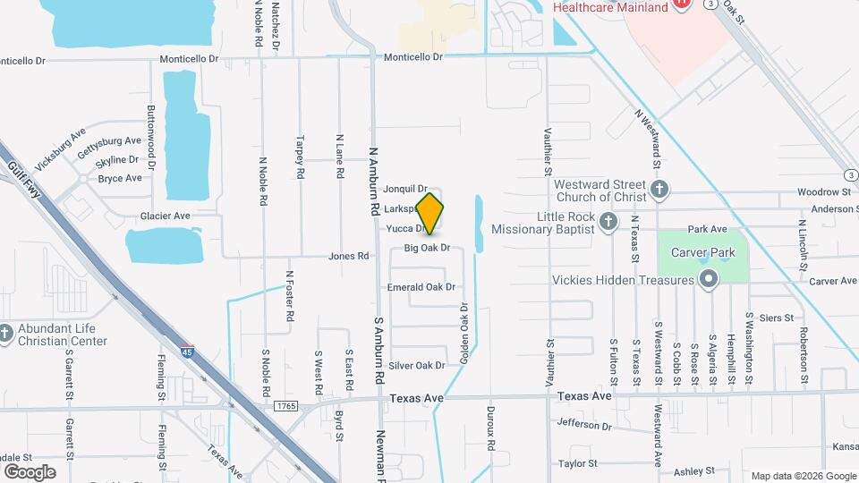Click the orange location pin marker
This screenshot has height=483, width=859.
click(429, 213)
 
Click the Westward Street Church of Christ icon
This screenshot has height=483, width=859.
click(659, 189)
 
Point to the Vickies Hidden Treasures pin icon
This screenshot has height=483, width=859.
click(709, 280)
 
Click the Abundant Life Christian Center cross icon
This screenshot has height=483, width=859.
click(6, 333)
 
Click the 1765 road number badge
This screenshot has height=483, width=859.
click(286, 406)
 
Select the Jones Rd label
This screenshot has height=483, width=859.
click(349, 256)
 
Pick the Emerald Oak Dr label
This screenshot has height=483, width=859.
click(421, 287)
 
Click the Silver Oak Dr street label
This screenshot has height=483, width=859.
click(417, 365)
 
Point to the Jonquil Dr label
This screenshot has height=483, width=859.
click(406, 189)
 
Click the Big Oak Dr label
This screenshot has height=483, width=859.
click(426, 248)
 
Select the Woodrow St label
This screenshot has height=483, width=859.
click(824, 192)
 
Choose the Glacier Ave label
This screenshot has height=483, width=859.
click(166, 216)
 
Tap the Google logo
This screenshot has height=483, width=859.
click(30, 472)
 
